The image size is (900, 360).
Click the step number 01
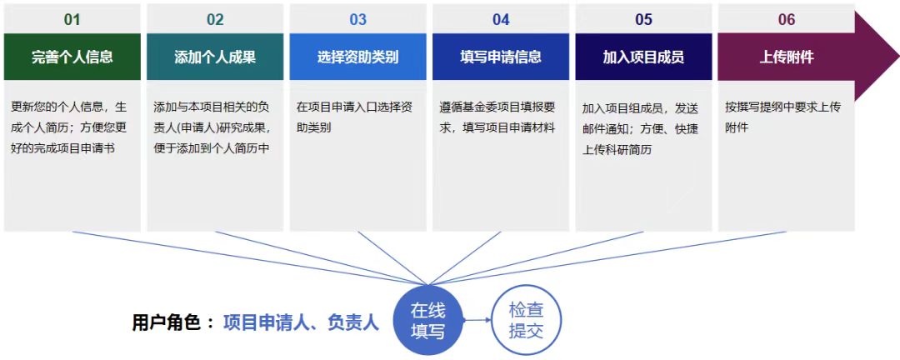72,19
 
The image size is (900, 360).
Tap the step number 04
501,19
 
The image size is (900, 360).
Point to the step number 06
787,19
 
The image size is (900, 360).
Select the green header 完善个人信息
72,57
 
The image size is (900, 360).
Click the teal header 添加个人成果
215,57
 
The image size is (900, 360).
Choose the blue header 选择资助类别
358,57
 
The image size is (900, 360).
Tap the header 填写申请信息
501,57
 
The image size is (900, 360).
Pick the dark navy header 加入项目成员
644,57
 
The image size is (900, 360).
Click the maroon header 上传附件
787,57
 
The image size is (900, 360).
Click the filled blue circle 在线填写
427,320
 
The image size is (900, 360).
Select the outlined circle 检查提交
527,320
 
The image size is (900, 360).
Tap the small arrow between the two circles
477,320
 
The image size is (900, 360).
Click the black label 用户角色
167,322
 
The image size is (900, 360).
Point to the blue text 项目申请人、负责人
302,322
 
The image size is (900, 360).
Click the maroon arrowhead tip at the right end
899,57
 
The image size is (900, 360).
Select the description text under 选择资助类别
354,117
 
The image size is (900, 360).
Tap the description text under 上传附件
782,117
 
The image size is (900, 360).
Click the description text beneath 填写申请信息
497,117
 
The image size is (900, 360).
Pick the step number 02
215,19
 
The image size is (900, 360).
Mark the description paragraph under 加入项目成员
641,129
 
